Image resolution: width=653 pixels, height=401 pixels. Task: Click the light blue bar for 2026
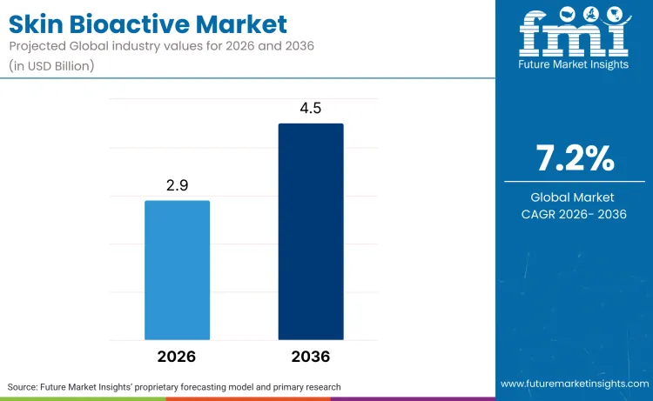(177, 270)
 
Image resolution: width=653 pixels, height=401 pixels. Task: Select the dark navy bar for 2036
(311, 231)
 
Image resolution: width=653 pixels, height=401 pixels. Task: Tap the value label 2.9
(177, 186)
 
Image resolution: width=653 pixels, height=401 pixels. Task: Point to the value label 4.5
(311, 109)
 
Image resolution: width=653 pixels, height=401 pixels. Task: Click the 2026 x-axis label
(177, 357)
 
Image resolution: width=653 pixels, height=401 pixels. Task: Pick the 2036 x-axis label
(311, 357)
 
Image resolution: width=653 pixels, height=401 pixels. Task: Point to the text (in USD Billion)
(52, 65)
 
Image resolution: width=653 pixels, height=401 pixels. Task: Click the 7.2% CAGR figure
(574, 159)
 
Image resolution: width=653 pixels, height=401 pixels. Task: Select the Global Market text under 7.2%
(574, 197)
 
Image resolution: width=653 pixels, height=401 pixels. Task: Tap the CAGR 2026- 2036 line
(574, 214)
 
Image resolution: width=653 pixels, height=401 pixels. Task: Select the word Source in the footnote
(25, 386)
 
